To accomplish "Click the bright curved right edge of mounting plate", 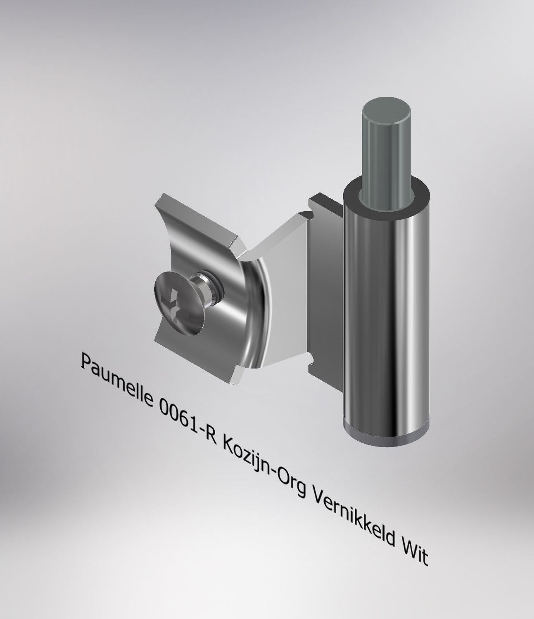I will click(258, 314).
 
